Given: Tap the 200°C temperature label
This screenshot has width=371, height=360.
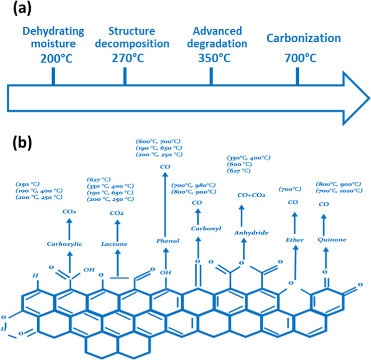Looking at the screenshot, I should point(53,58).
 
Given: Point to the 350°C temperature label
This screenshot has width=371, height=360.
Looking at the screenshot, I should point(211,58).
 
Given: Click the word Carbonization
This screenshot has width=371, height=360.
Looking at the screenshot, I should point(304,39).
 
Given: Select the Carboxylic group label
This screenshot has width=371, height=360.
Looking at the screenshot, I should point(65,244).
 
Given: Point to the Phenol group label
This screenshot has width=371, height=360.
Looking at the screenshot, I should point(167,241).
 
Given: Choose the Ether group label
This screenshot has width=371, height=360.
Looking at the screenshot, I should point(294,239).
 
